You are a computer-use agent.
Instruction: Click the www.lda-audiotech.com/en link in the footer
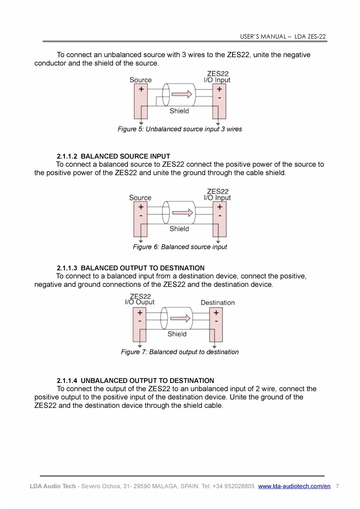point(294,486)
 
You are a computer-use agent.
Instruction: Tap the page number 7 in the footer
point(337,486)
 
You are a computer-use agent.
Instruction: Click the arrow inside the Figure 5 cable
point(182,94)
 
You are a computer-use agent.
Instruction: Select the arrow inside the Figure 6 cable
point(182,212)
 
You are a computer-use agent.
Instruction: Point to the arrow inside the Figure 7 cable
point(180,318)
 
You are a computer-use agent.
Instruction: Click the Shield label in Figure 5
point(179,111)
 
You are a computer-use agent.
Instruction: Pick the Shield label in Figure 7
point(177,334)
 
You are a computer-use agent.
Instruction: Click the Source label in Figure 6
point(140,198)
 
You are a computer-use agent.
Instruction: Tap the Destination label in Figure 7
point(218,303)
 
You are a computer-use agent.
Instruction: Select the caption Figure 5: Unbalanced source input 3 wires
point(180,129)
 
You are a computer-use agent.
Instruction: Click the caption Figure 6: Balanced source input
point(180,247)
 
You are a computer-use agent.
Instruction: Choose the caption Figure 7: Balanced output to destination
point(180,352)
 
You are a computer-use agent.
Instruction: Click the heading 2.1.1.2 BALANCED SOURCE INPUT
point(113,156)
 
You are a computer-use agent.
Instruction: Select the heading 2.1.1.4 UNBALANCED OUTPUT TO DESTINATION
point(135,381)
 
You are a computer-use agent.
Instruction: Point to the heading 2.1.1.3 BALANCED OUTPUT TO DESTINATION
point(130,268)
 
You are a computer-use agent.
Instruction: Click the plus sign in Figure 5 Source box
point(141,89)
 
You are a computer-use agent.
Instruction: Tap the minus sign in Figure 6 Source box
point(140,216)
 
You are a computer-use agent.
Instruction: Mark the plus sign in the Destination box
point(216,313)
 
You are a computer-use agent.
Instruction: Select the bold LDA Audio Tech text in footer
point(53,486)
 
